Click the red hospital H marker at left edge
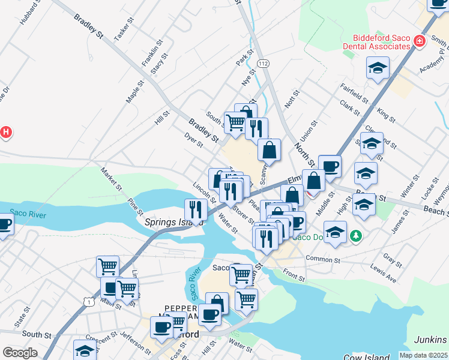[5, 132]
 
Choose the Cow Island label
[366, 356]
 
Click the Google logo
[20, 353]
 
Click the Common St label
[322, 259]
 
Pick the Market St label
[112, 179]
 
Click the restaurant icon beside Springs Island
[196, 210]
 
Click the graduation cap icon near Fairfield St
[378, 69]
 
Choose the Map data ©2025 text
[423, 355]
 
